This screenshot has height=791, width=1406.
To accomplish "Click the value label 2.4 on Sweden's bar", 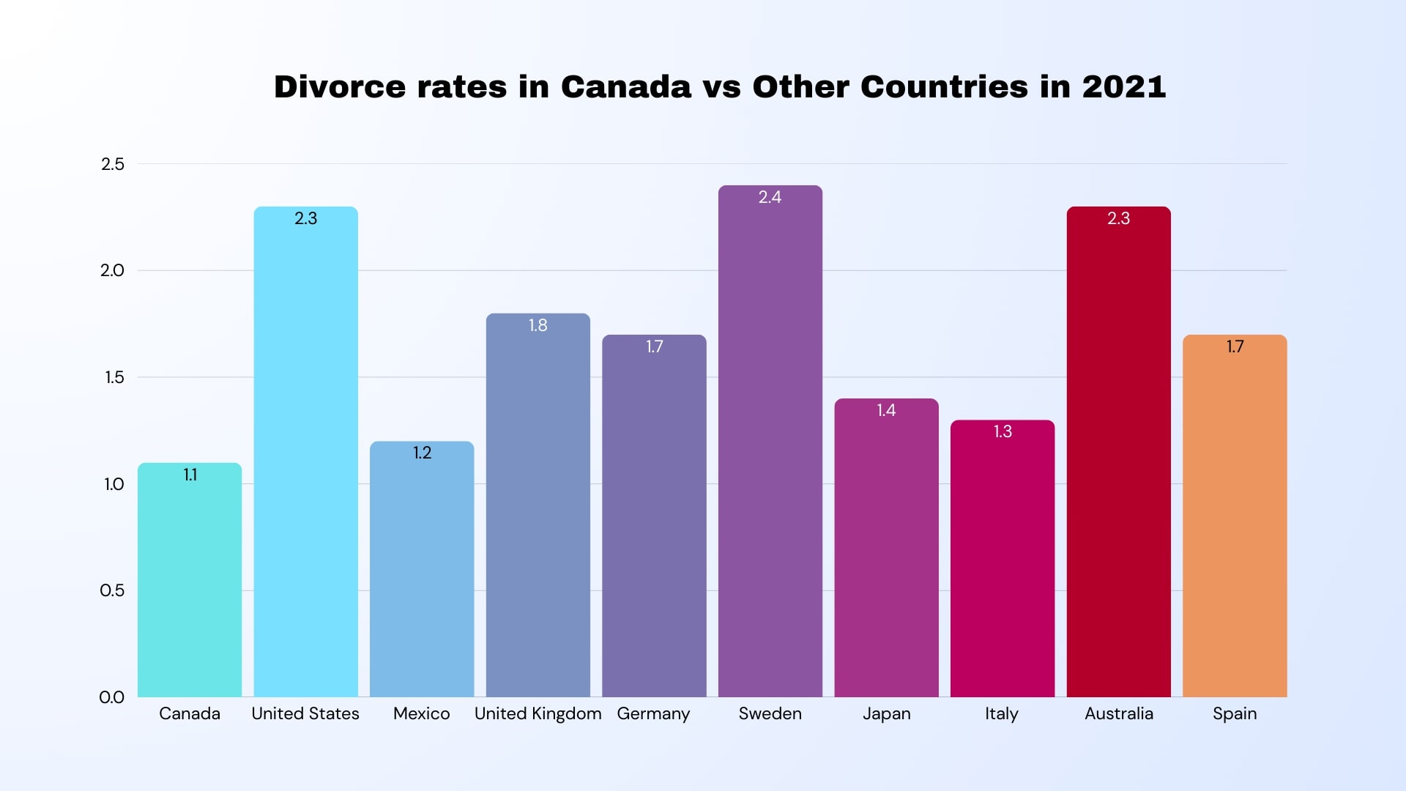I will point(770,197).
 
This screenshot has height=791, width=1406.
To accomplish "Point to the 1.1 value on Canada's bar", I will point(190,475).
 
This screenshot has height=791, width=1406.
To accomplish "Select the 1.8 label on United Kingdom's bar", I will point(538,325).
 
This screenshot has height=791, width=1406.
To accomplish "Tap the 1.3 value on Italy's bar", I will point(1003,431).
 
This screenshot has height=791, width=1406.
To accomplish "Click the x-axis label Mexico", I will point(421,713).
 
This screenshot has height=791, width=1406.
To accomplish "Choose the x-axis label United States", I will point(305,713).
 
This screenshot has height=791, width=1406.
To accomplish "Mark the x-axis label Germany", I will point(653,714).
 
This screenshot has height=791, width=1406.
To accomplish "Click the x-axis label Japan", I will point(886,714).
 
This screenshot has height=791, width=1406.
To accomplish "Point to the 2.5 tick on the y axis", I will point(113,164).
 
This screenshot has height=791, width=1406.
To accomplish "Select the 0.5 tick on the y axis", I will point(112,590).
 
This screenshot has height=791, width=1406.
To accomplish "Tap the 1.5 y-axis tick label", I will point(114,377).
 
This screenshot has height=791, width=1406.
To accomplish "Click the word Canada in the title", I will point(625,86).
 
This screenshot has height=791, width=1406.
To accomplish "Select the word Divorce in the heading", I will point(339,86).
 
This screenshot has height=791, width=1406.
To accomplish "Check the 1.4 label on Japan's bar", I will point(886,410).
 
